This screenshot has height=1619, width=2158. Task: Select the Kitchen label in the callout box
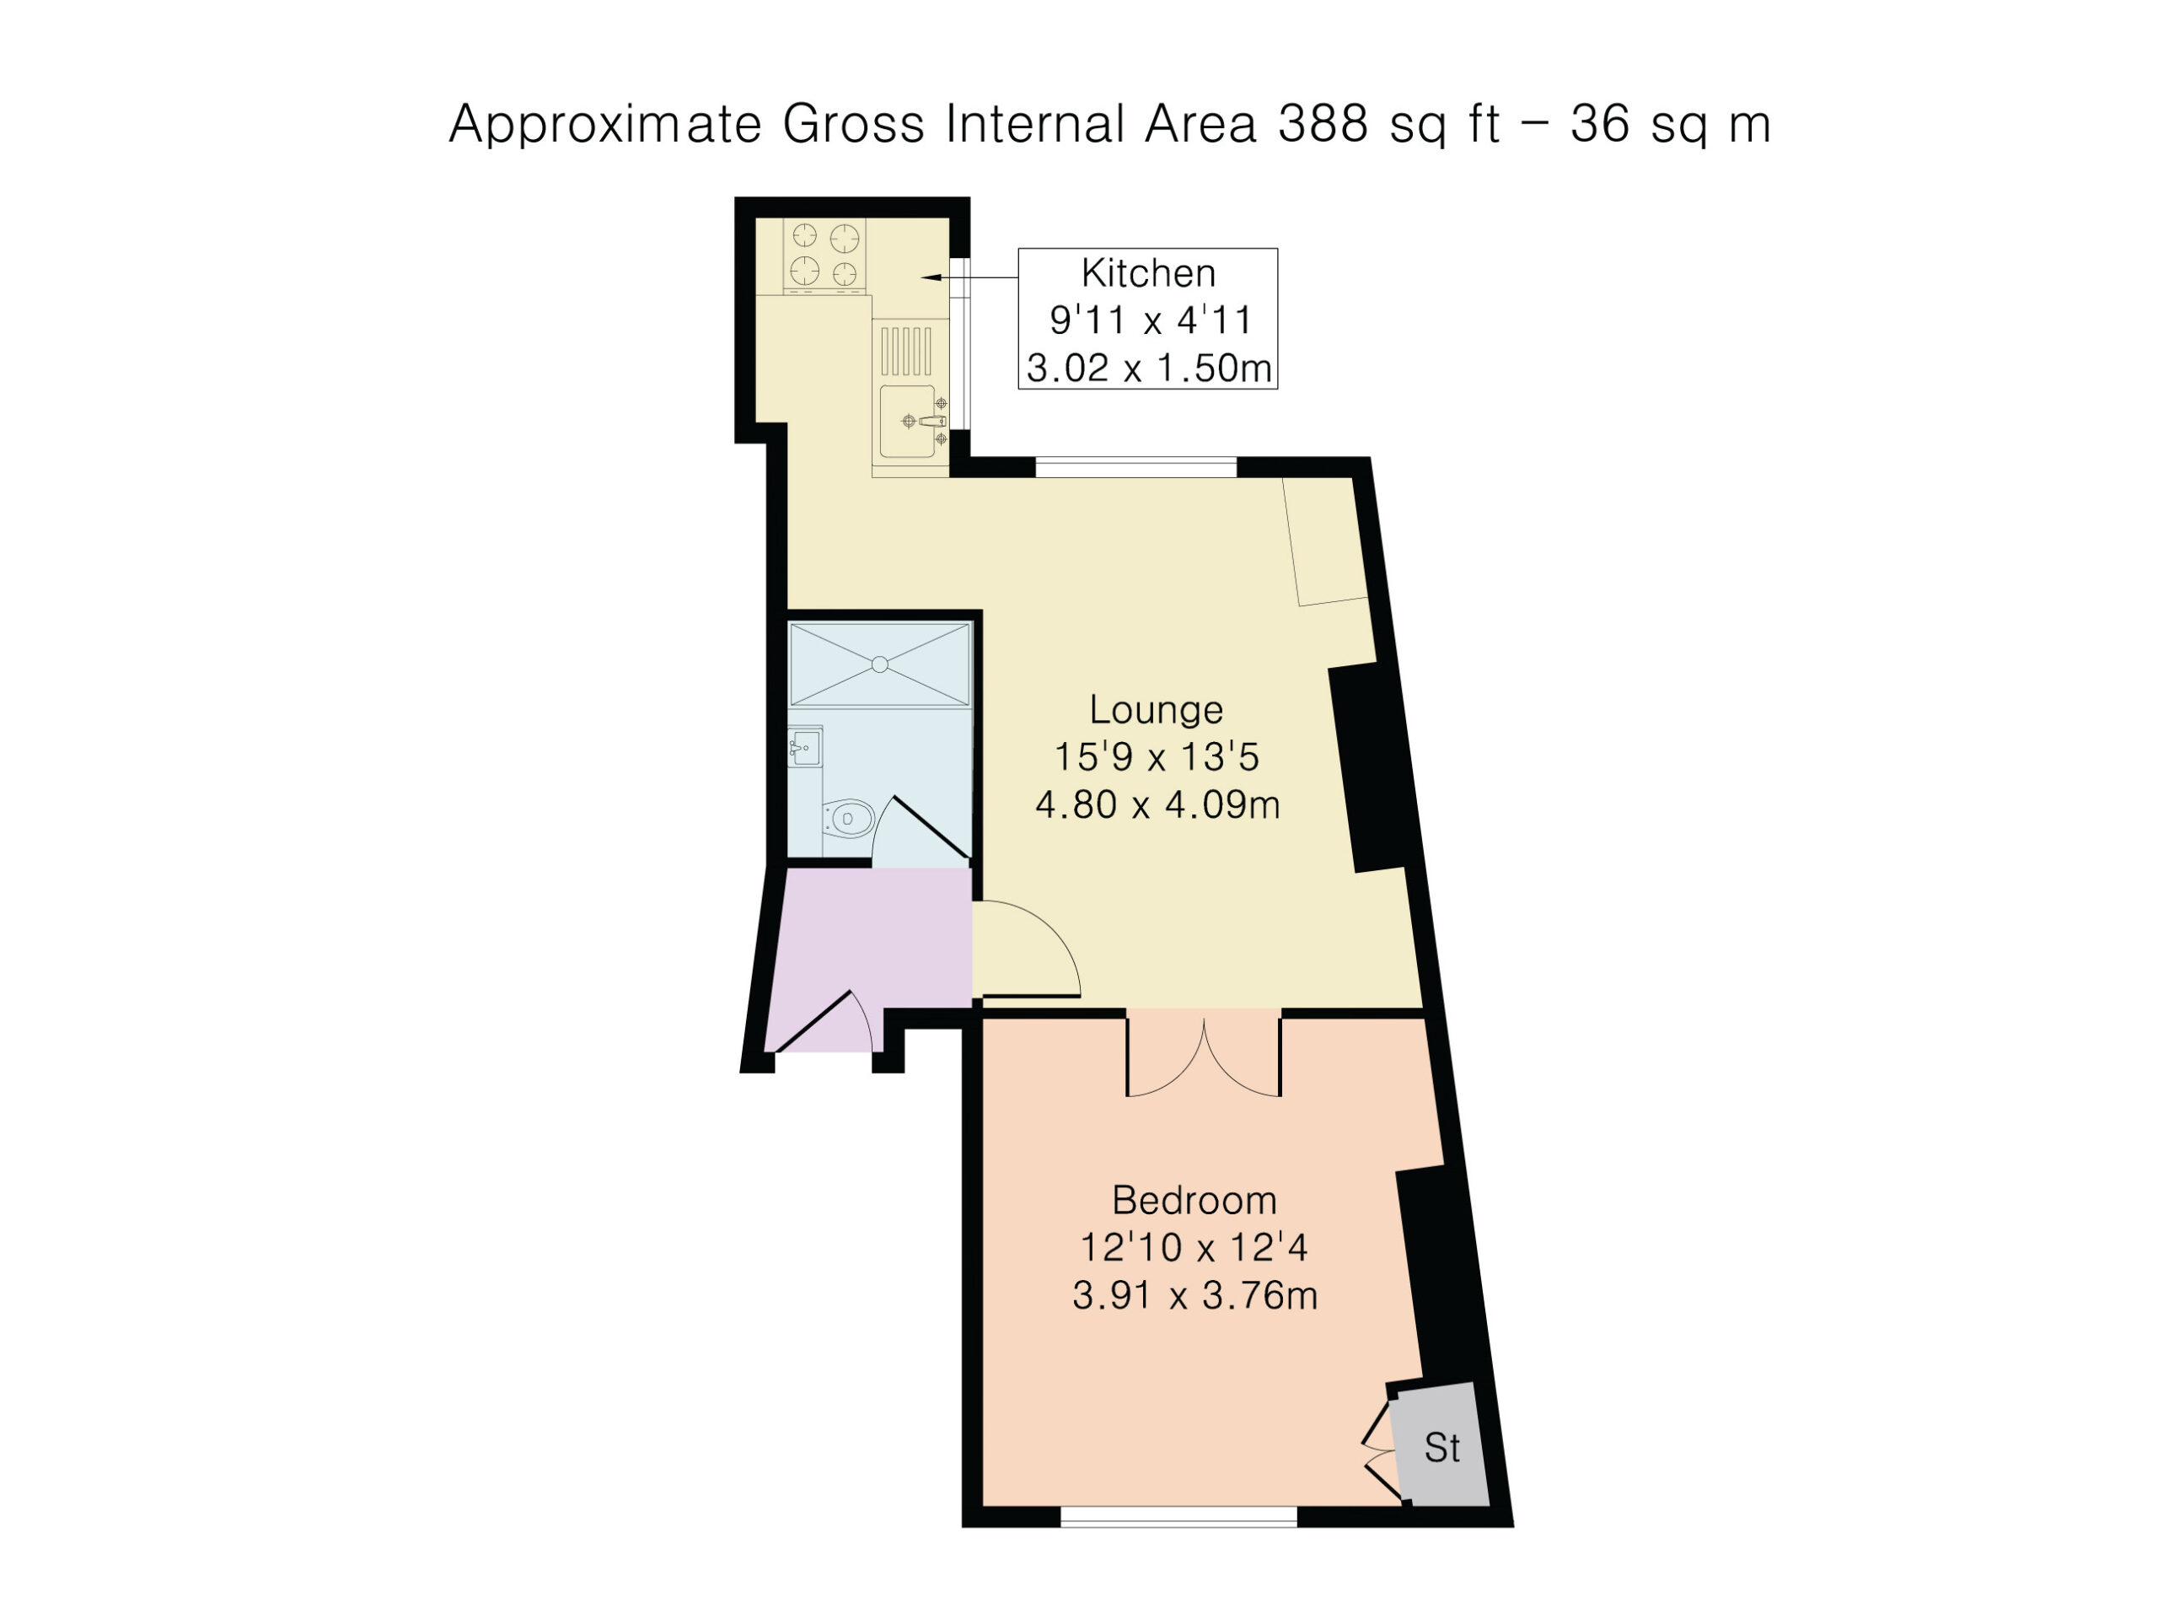[x=1148, y=273]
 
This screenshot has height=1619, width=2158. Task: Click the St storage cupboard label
[x=1442, y=1448]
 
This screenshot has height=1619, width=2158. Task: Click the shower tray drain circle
[x=879, y=664]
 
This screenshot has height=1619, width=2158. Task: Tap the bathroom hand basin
[x=805, y=748]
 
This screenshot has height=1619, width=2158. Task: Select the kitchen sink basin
[x=907, y=422]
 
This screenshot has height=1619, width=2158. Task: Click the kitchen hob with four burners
[x=824, y=255]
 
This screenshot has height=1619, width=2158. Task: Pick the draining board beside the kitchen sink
[x=906, y=352]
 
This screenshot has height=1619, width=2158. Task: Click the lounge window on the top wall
[x=1135, y=467]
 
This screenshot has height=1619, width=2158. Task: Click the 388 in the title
[x=1323, y=125]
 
